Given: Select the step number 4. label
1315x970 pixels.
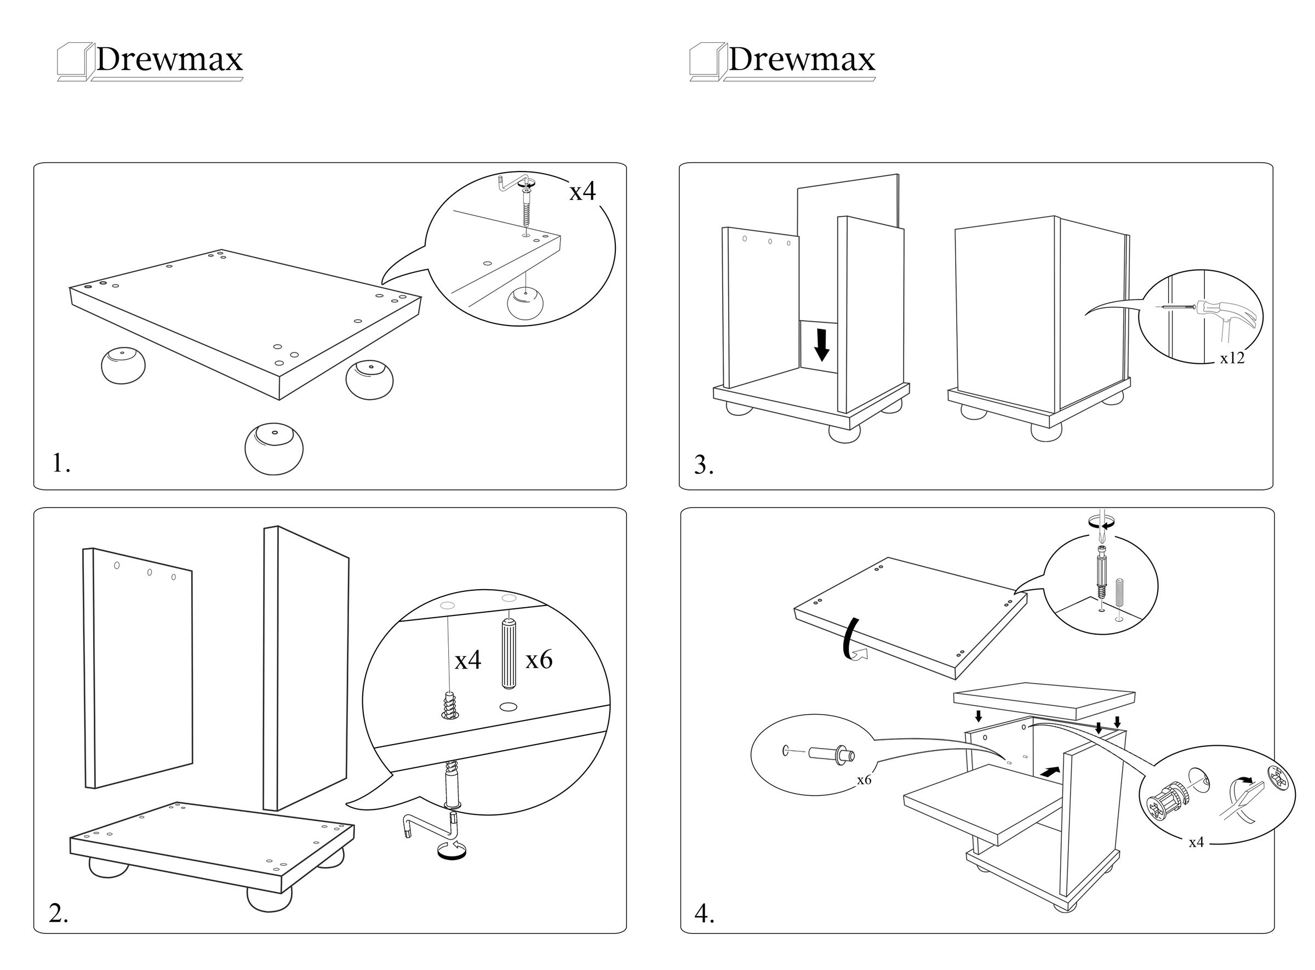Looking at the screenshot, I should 705,914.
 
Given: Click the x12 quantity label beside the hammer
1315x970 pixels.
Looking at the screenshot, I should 1232,358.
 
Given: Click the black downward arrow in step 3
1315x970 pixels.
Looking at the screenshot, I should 822,345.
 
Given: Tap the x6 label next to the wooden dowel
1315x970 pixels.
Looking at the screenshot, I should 538,660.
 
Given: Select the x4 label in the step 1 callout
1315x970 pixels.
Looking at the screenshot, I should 582,191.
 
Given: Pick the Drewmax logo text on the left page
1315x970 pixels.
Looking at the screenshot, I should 169,59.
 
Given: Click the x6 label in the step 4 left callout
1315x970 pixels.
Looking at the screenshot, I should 864,780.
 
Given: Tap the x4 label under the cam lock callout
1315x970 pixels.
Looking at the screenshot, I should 1196,843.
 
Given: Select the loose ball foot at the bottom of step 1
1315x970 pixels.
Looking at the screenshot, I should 274,449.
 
